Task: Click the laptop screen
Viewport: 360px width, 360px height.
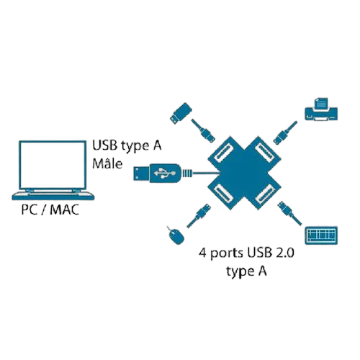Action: tap(53, 165)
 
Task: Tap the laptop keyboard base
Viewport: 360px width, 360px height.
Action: tap(53, 195)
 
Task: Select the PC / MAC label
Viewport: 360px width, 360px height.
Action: tap(50, 210)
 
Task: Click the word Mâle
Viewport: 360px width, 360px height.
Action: tap(107, 163)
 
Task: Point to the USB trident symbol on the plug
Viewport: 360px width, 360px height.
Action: tap(164, 173)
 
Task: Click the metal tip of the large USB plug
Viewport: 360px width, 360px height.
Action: tap(141, 173)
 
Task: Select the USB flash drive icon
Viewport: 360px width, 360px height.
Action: tap(181, 113)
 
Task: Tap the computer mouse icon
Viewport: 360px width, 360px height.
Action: tap(176, 235)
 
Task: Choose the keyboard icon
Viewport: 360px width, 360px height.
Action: tap(321, 235)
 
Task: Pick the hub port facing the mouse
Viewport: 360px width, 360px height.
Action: tap(223, 193)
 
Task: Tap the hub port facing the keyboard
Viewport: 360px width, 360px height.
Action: tap(265, 193)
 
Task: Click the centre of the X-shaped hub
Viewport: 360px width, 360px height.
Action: tap(244, 173)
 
